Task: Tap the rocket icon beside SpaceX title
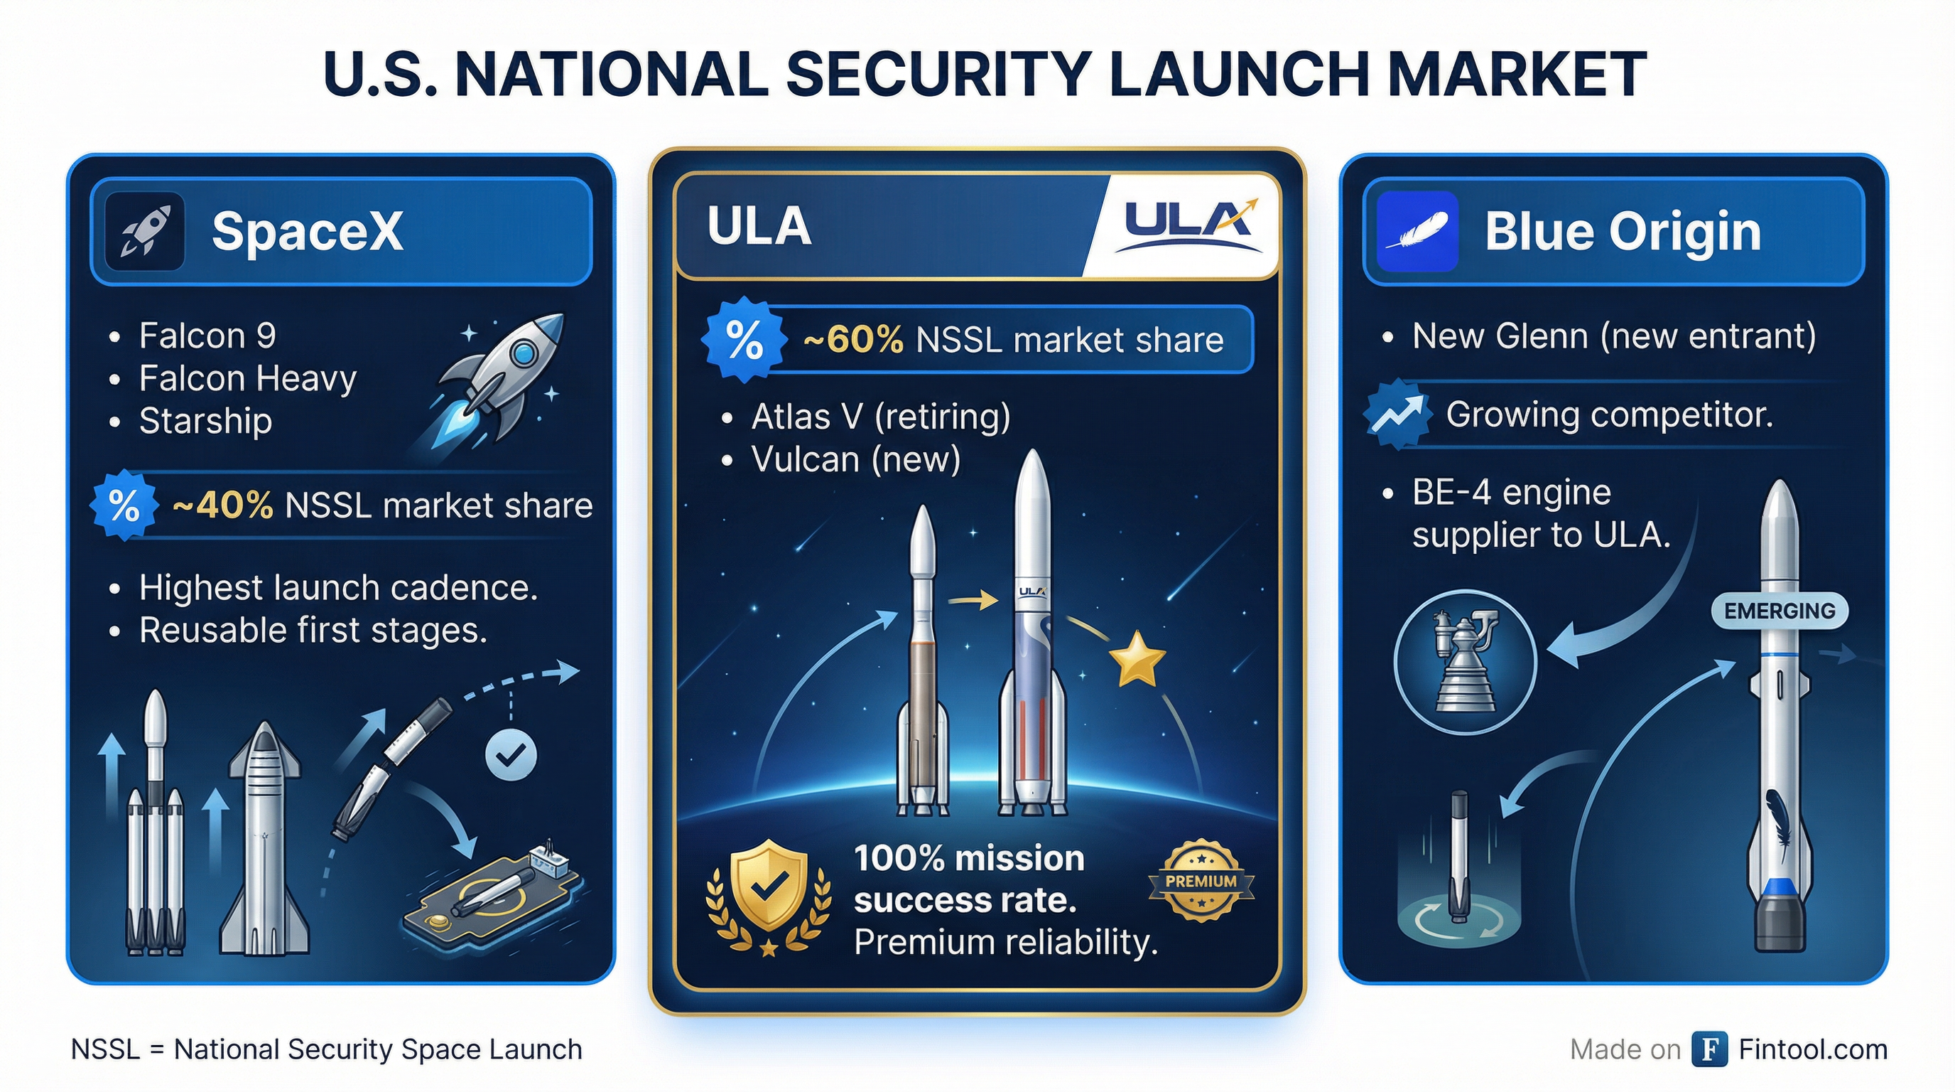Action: pos(145,232)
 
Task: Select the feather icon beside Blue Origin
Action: pos(1417,232)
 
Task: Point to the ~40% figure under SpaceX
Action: pos(222,505)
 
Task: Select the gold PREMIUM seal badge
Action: pos(1201,881)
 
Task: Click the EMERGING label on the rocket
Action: pos(1780,611)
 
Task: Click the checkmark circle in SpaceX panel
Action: pos(511,754)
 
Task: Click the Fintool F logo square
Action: pos(1709,1049)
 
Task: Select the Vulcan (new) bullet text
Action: pos(856,459)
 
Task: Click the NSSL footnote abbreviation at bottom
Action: pos(105,1049)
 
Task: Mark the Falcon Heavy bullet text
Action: pos(247,378)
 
